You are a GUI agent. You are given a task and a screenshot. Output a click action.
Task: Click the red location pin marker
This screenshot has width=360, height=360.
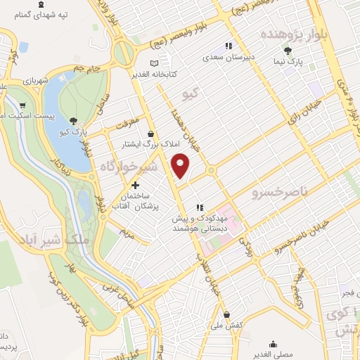[181, 165]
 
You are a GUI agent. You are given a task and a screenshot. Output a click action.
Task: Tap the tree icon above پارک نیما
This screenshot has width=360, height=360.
[288, 50]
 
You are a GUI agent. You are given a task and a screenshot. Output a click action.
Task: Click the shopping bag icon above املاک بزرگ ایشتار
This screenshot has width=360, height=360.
[150, 132]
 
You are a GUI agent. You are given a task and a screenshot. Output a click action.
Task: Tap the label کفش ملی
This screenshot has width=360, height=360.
[228, 326]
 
